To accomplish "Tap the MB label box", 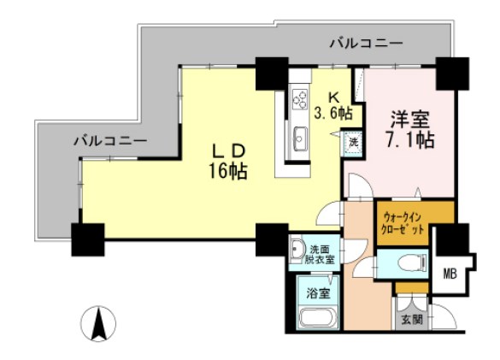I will pos(450,274).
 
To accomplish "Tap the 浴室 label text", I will pos(317,291).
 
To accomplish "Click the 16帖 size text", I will pos(227,171).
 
